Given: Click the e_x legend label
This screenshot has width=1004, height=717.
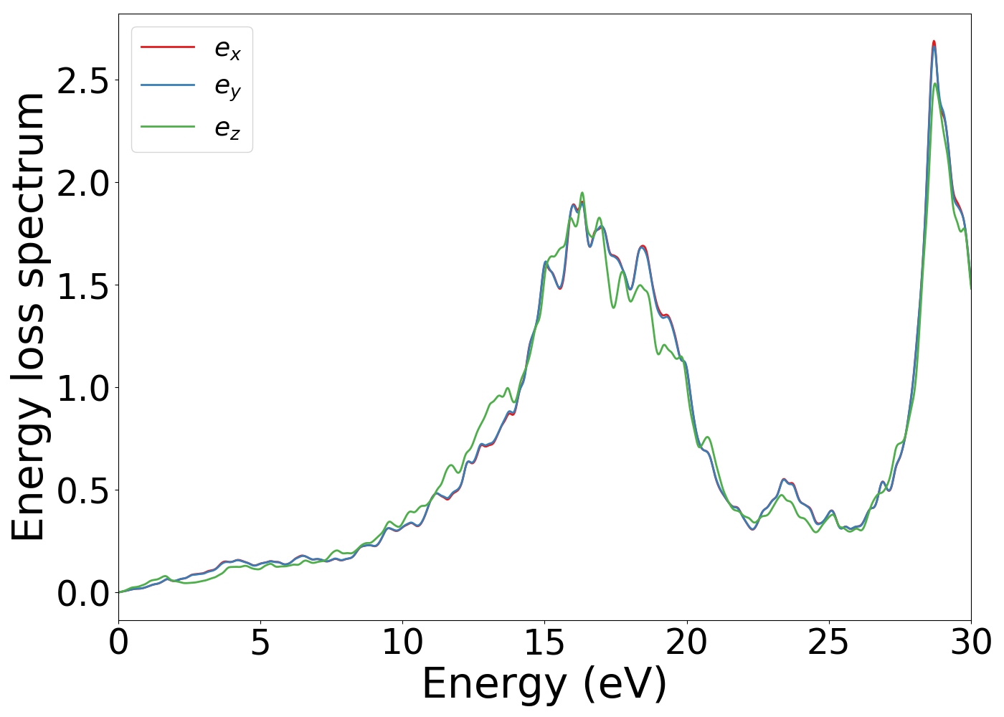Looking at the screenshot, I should tap(227, 49).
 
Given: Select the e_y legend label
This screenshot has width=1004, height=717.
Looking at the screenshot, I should tap(227, 87).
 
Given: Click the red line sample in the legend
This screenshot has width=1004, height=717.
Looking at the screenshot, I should tap(168, 47).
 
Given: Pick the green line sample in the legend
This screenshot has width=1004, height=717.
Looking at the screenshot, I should tap(168, 127).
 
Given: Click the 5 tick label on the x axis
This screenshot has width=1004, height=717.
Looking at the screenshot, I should tap(260, 642).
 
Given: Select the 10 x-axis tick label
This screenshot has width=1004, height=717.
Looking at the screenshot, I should tap(402, 642).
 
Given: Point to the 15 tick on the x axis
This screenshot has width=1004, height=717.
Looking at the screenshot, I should tap(544, 642).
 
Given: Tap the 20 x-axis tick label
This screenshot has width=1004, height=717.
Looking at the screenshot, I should tap(686, 642).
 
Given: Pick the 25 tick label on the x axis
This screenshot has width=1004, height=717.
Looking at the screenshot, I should tap(828, 642).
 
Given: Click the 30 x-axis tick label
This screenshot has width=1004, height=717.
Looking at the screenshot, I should tap(970, 642).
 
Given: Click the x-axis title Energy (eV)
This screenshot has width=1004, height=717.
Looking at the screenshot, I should tap(544, 685).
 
